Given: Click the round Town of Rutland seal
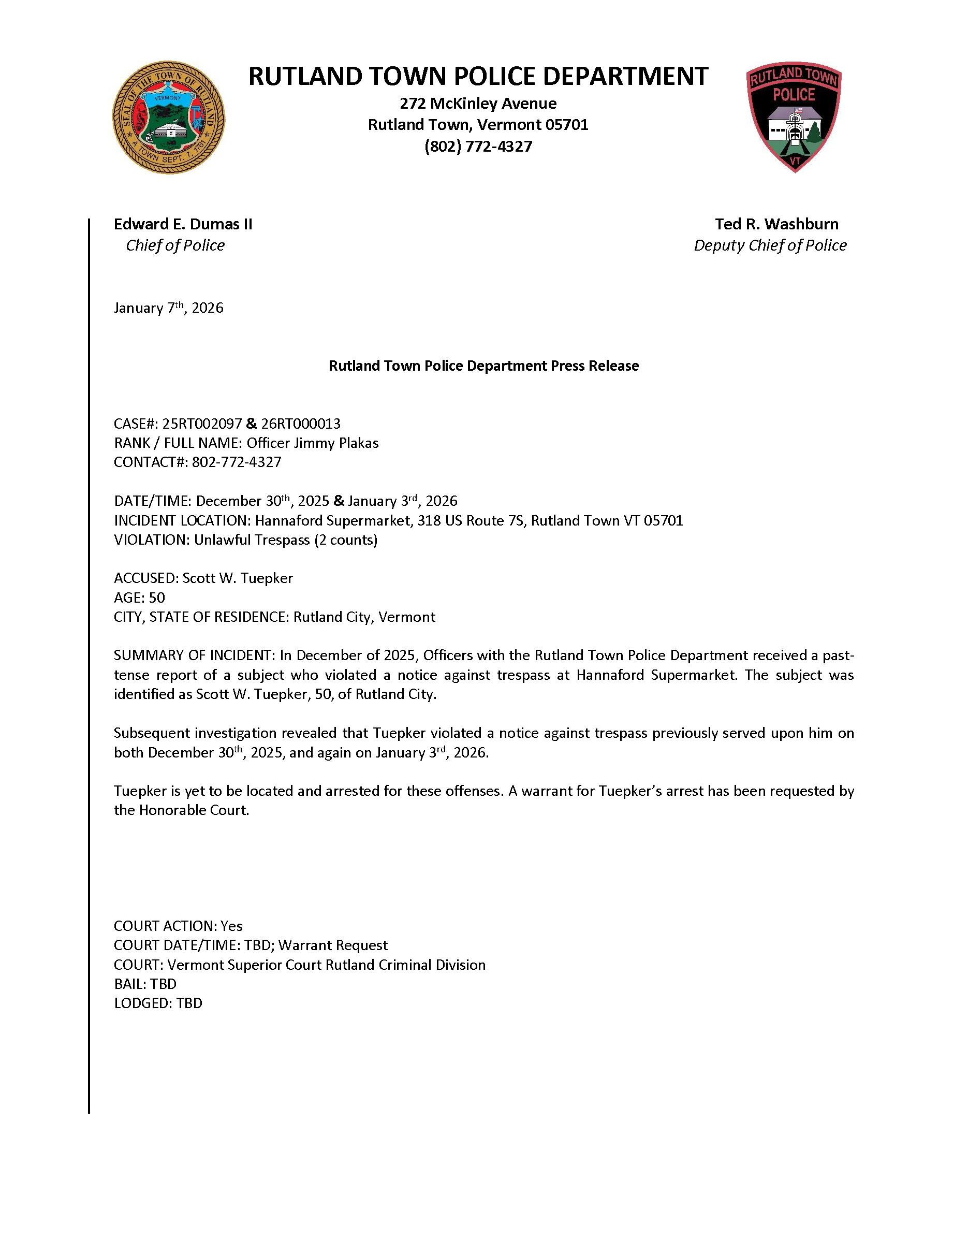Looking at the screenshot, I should [x=168, y=118].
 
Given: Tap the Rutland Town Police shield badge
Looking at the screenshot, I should [x=794, y=116].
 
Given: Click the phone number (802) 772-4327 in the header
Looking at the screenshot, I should [x=478, y=147].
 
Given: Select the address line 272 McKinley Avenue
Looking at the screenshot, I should [x=478, y=104].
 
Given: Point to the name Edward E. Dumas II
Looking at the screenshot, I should [x=183, y=224].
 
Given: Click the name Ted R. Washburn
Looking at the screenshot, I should [x=776, y=224].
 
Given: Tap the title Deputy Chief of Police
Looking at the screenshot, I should [x=770, y=245].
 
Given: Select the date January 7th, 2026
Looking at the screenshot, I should [x=168, y=308].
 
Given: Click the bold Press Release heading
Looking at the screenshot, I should [x=483, y=366].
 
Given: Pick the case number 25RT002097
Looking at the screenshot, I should [x=202, y=424].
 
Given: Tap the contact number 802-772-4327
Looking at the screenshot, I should [x=236, y=462].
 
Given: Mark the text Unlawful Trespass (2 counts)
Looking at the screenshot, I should [x=286, y=541].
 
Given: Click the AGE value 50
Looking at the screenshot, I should [x=156, y=598].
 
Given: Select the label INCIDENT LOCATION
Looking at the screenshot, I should [x=182, y=521].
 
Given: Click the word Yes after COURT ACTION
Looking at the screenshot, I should [x=232, y=926].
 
